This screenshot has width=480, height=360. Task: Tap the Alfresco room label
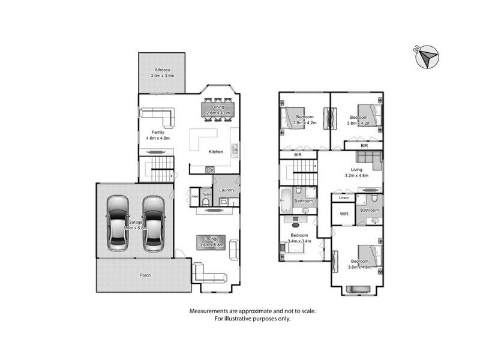161,70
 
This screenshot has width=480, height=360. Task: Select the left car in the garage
118,223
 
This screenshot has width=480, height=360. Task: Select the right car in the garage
153,223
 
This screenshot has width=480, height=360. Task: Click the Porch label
144,275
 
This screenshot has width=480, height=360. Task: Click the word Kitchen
216,152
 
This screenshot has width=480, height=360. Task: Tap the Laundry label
227,190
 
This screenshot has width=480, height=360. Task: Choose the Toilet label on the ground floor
206,194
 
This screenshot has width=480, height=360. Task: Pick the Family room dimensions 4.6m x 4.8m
158,138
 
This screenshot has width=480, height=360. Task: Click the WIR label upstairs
344,213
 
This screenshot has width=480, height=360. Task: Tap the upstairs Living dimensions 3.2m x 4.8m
356,176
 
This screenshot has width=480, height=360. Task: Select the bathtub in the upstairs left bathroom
286,198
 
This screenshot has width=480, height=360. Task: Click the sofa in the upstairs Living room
368,158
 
